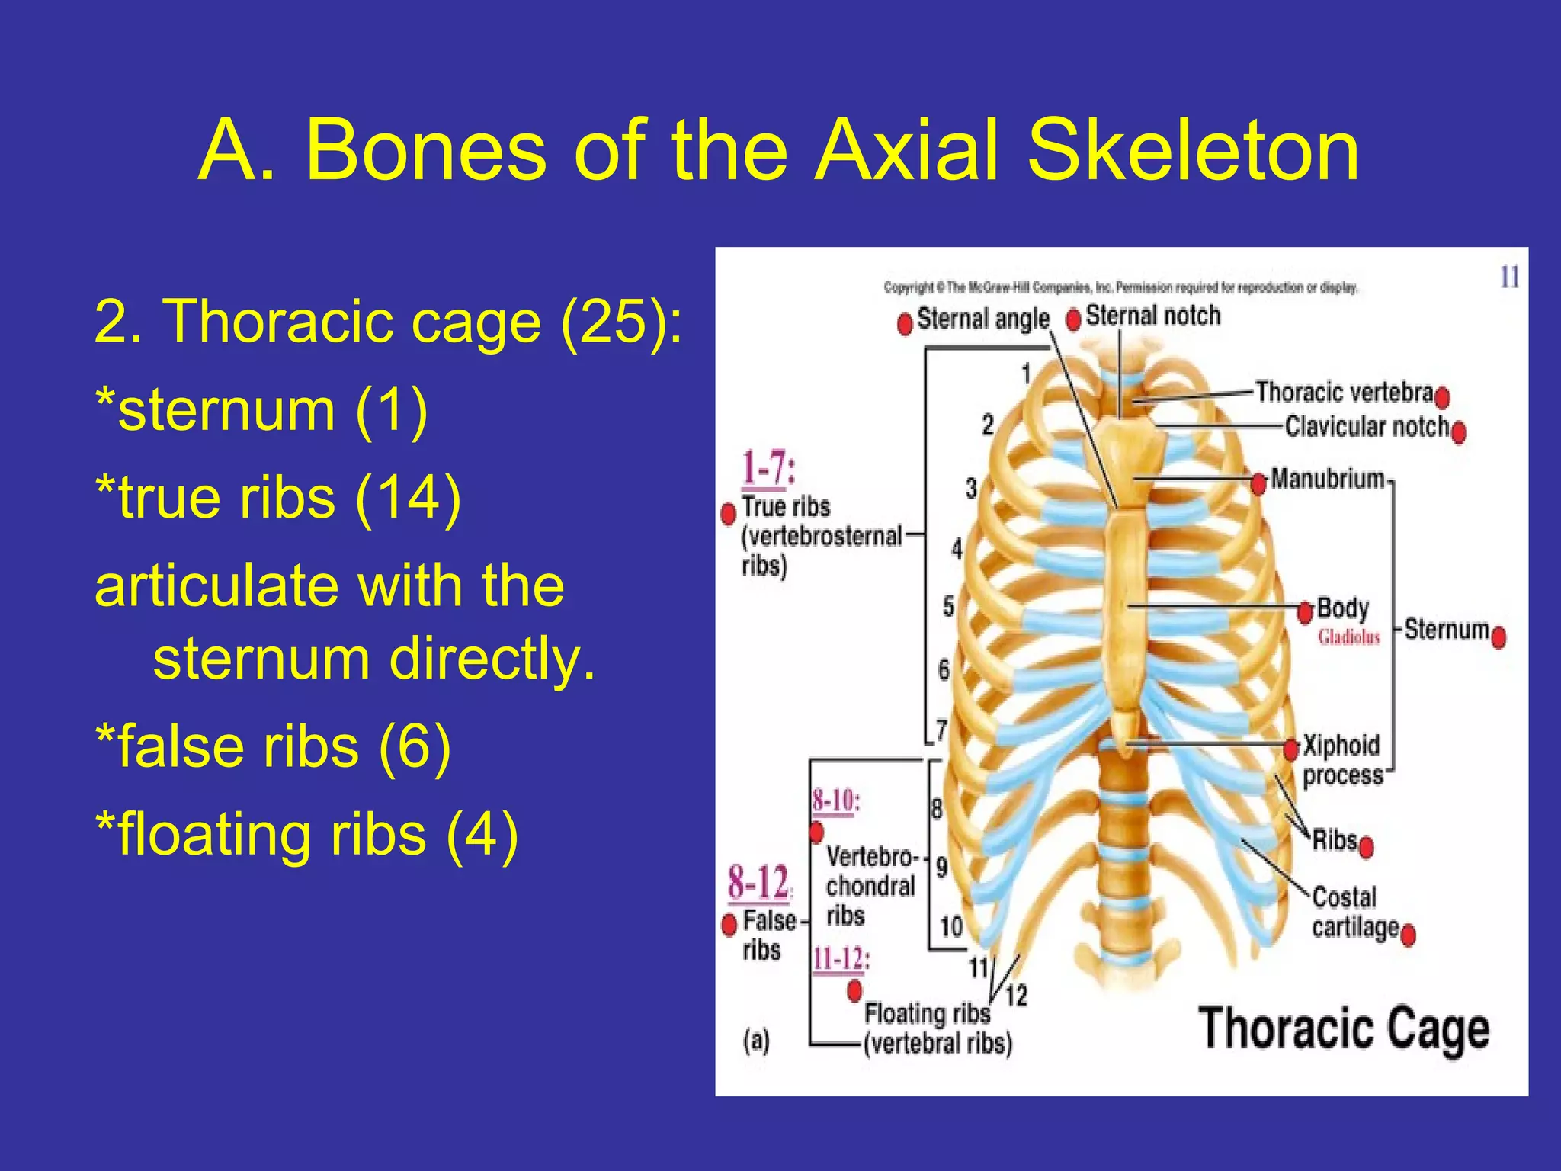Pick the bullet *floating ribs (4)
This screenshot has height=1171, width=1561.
tap(306, 834)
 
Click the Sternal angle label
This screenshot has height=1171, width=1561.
tap(982, 319)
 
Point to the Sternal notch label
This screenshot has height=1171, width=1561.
tap(1152, 316)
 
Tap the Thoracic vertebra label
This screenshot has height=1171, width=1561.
tap(1344, 392)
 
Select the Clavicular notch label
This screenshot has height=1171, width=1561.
tap(1366, 426)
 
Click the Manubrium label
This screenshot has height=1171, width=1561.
tap(1327, 480)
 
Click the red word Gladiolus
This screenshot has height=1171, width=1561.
tap(1348, 637)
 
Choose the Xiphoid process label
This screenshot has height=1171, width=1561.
tap(1341, 759)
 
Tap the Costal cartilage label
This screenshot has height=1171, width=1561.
tap(1354, 912)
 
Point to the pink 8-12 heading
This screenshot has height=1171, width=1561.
tap(758, 882)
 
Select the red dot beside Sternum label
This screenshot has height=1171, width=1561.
tap(1498, 637)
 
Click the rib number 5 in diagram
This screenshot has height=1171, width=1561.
tap(948, 607)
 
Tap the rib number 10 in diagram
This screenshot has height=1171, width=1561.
tap(951, 927)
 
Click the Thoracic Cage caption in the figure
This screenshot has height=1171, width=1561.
tap(1344, 1029)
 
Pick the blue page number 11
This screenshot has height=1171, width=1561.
tap(1509, 277)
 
